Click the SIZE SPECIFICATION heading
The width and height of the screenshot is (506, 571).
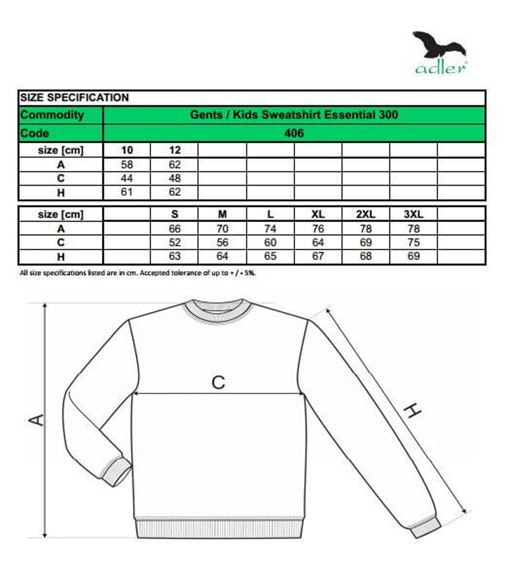(x=75, y=98)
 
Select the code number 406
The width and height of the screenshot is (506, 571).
(x=295, y=133)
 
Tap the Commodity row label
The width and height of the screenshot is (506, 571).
(x=52, y=115)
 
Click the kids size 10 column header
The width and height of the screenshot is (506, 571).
(x=127, y=150)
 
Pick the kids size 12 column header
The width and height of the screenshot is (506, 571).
(x=175, y=150)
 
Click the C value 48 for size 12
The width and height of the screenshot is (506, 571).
(x=175, y=179)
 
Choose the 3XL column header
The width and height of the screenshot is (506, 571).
(x=413, y=214)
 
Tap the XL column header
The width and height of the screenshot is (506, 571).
(x=318, y=214)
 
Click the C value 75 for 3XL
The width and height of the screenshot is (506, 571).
(x=413, y=243)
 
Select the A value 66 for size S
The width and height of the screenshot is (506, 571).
(x=175, y=229)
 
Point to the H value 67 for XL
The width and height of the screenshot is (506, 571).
(x=318, y=256)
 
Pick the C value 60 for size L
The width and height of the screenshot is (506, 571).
(x=271, y=243)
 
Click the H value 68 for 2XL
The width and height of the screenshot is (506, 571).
(x=366, y=256)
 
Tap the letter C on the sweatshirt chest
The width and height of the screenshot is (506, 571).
(x=219, y=382)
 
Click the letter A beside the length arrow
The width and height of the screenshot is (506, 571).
(x=37, y=420)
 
